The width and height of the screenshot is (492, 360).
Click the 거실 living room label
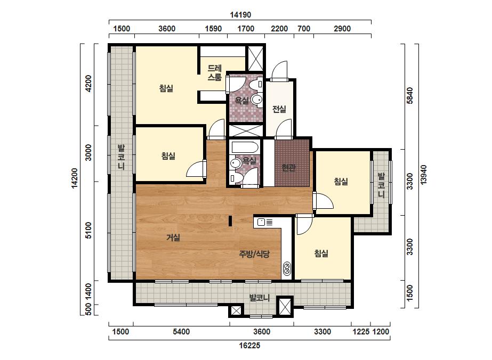coord(173,238)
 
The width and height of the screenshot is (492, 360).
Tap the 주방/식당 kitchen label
coord(254,253)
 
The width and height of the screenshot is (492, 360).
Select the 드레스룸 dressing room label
coord(215,73)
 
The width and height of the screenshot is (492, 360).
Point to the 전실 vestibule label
coord(279,109)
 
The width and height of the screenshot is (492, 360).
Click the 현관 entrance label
coord(289,168)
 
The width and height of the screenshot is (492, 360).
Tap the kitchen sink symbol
coord(261,222)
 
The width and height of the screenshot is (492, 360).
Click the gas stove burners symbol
coord(287,268)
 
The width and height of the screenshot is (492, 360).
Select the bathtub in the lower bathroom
coord(245,148)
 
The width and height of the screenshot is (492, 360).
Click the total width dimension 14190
coord(240,15)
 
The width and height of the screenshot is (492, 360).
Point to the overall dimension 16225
coord(249,346)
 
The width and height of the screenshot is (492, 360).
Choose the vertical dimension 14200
coord(75,178)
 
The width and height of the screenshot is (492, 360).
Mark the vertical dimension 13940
coord(424,175)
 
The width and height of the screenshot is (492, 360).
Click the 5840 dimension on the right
coord(410,95)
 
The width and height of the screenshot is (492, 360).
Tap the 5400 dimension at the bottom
coord(181,331)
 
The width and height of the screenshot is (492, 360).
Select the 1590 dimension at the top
coord(213,29)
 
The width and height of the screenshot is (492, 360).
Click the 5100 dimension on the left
coord(88,231)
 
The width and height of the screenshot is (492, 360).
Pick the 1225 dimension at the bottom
coord(361,331)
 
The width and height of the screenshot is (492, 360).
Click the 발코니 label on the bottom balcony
coord(260,298)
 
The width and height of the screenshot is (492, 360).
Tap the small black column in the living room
coord(230,221)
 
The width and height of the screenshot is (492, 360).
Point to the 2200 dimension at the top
coord(279,29)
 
